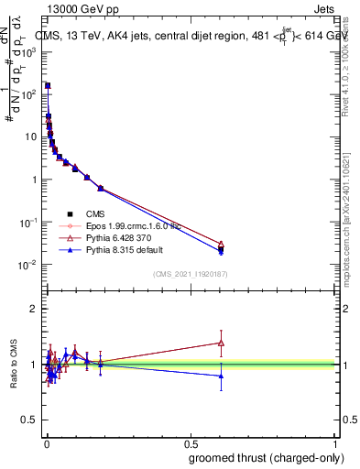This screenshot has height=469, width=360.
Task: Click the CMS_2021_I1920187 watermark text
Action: (190, 273)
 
